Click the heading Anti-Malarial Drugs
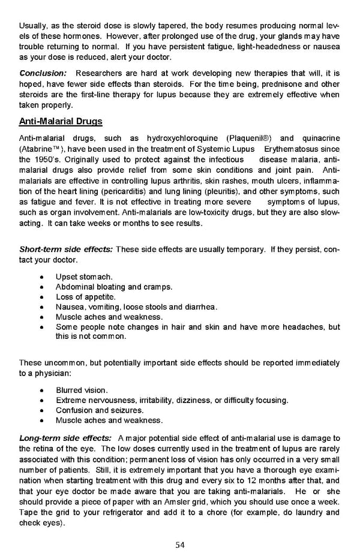[61, 122]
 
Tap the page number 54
[179, 545]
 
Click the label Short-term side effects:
[66, 250]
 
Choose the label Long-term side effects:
[65, 438]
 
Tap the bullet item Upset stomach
[84, 277]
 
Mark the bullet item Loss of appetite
[85, 297]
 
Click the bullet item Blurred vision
[82, 390]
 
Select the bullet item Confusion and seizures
[100, 410]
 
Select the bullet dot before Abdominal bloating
[40, 287]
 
